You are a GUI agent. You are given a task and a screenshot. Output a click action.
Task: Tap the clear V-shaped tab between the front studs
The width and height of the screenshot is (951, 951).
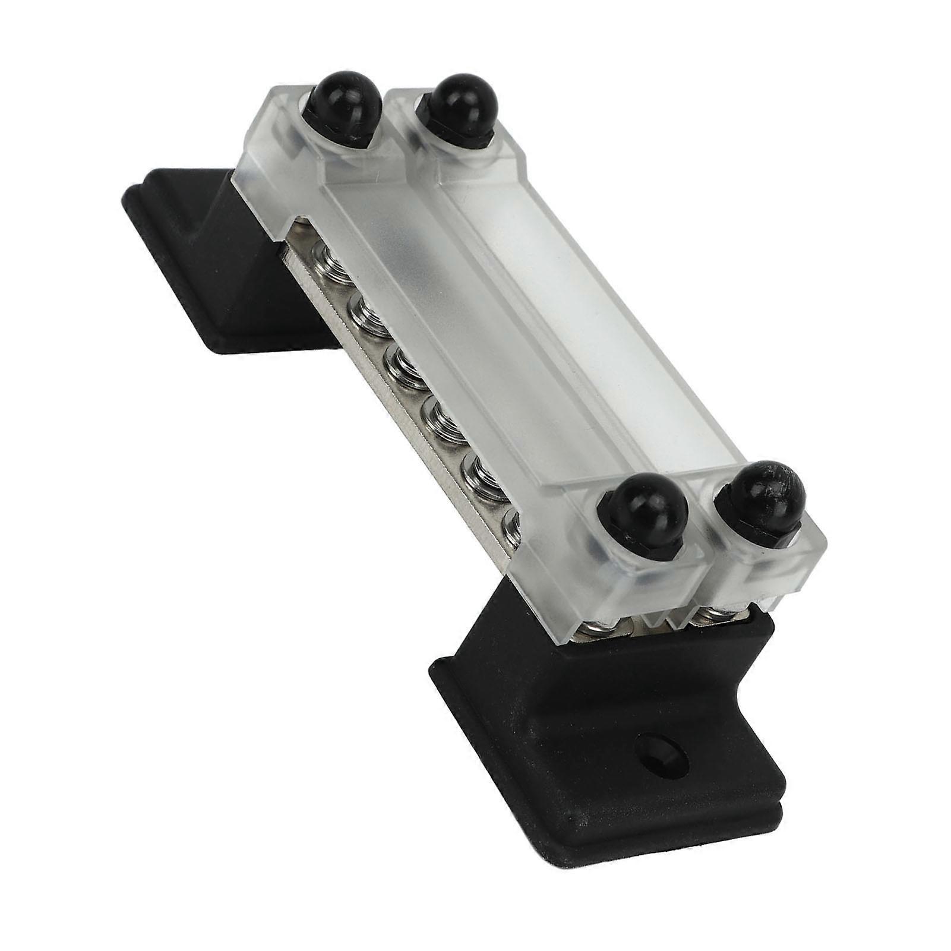click(659, 618)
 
